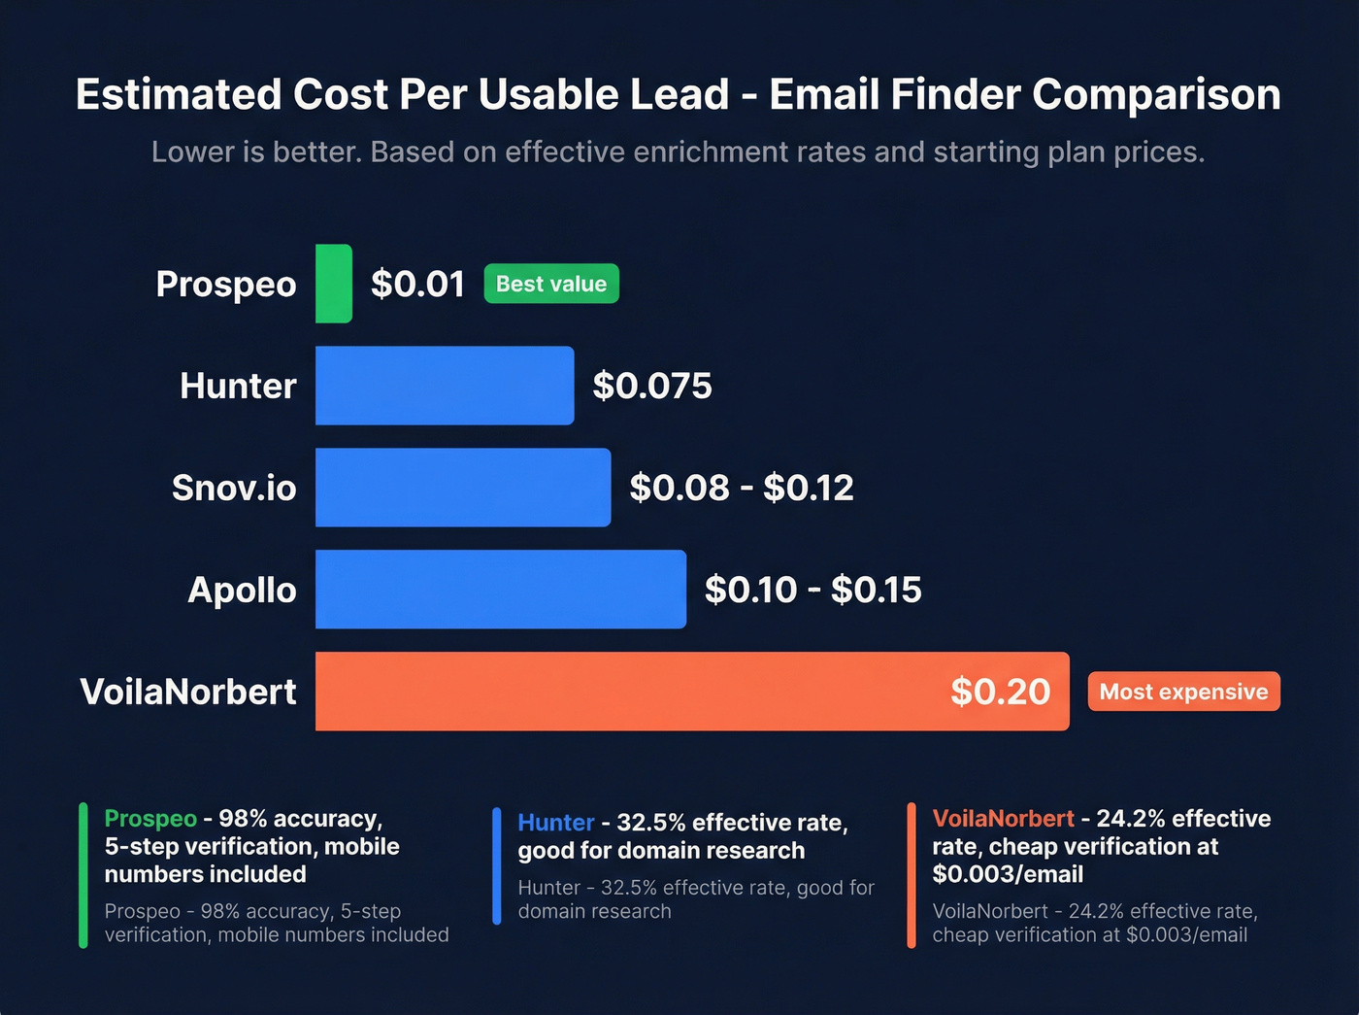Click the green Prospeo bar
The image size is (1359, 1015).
(x=334, y=284)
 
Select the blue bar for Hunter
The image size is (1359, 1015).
(x=445, y=386)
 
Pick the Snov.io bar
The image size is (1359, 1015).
(x=463, y=488)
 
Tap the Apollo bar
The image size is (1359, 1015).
(x=501, y=590)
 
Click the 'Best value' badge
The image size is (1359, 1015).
(x=551, y=284)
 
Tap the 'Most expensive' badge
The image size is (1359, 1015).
(x=1183, y=692)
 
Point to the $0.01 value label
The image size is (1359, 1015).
(x=417, y=284)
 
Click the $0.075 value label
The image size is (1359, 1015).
(x=652, y=386)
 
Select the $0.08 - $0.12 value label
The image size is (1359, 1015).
(x=742, y=488)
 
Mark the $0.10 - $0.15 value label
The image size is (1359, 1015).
(x=812, y=590)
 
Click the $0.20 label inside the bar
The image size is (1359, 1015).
(x=1000, y=692)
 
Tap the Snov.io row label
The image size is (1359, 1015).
(x=234, y=488)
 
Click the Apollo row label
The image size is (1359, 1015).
(x=242, y=590)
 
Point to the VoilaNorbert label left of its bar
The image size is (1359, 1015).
(x=188, y=692)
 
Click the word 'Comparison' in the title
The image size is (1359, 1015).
(x=1156, y=95)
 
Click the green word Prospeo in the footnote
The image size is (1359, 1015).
(x=150, y=819)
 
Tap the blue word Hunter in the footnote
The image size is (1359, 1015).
(x=555, y=823)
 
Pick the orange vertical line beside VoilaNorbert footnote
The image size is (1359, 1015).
(x=912, y=875)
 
